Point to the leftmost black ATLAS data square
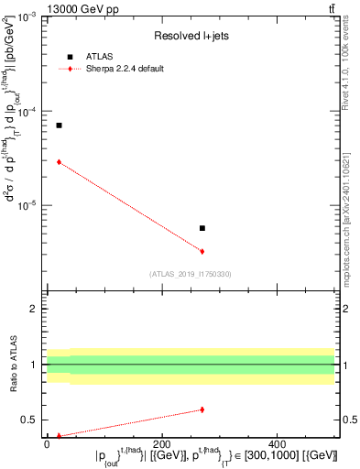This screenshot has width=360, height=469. pyautogui.click(x=59, y=125)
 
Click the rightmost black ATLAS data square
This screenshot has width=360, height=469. pyautogui.click(x=202, y=228)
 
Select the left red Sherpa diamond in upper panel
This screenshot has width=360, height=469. pyautogui.click(x=59, y=162)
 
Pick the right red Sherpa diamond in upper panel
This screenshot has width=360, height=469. pyautogui.click(x=202, y=251)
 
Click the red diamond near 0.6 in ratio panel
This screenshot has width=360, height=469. pyautogui.click(x=202, y=409)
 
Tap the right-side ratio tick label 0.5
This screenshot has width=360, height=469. pyautogui.click(x=349, y=420)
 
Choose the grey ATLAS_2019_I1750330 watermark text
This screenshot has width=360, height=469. pyautogui.click(x=191, y=274)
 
